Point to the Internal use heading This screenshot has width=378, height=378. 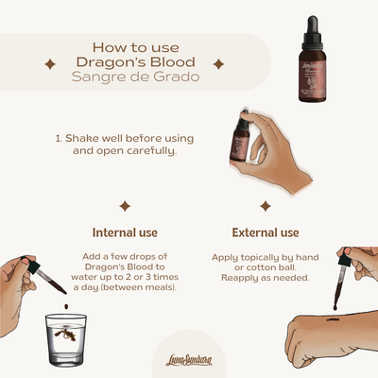[124, 232]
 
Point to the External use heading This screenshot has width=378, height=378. [266, 232]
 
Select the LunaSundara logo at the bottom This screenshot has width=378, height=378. [189, 353]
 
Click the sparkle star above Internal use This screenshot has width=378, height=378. [124, 205]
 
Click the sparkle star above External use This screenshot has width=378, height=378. [266, 205]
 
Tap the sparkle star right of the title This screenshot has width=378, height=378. [218, 64]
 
